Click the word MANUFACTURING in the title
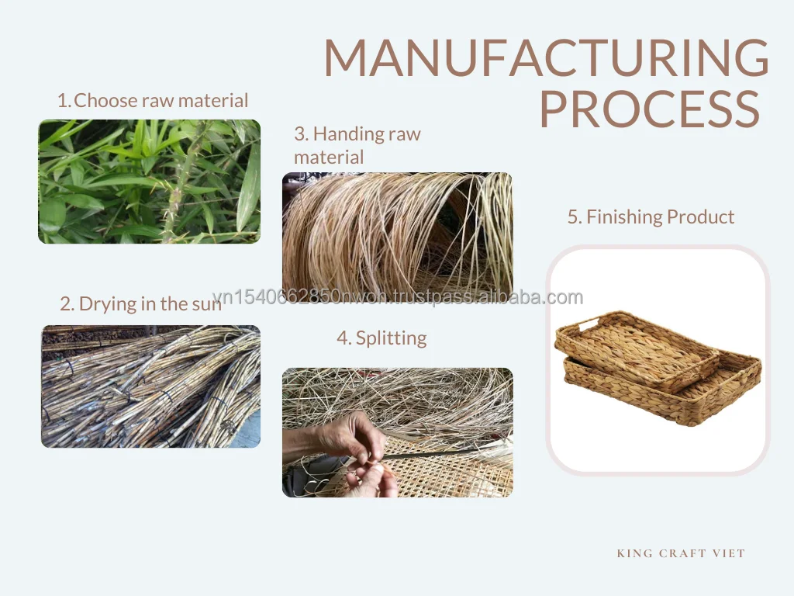546,57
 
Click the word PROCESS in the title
649,110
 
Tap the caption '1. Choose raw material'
153,100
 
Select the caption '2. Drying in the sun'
140,303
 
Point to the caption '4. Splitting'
381,338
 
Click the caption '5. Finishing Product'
651,217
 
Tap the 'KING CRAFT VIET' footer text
681,553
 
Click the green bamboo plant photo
149,182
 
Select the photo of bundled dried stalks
150,386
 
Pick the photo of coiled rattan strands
397,233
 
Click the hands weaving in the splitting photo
357,450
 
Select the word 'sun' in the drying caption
206,303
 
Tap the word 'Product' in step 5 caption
699,217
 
